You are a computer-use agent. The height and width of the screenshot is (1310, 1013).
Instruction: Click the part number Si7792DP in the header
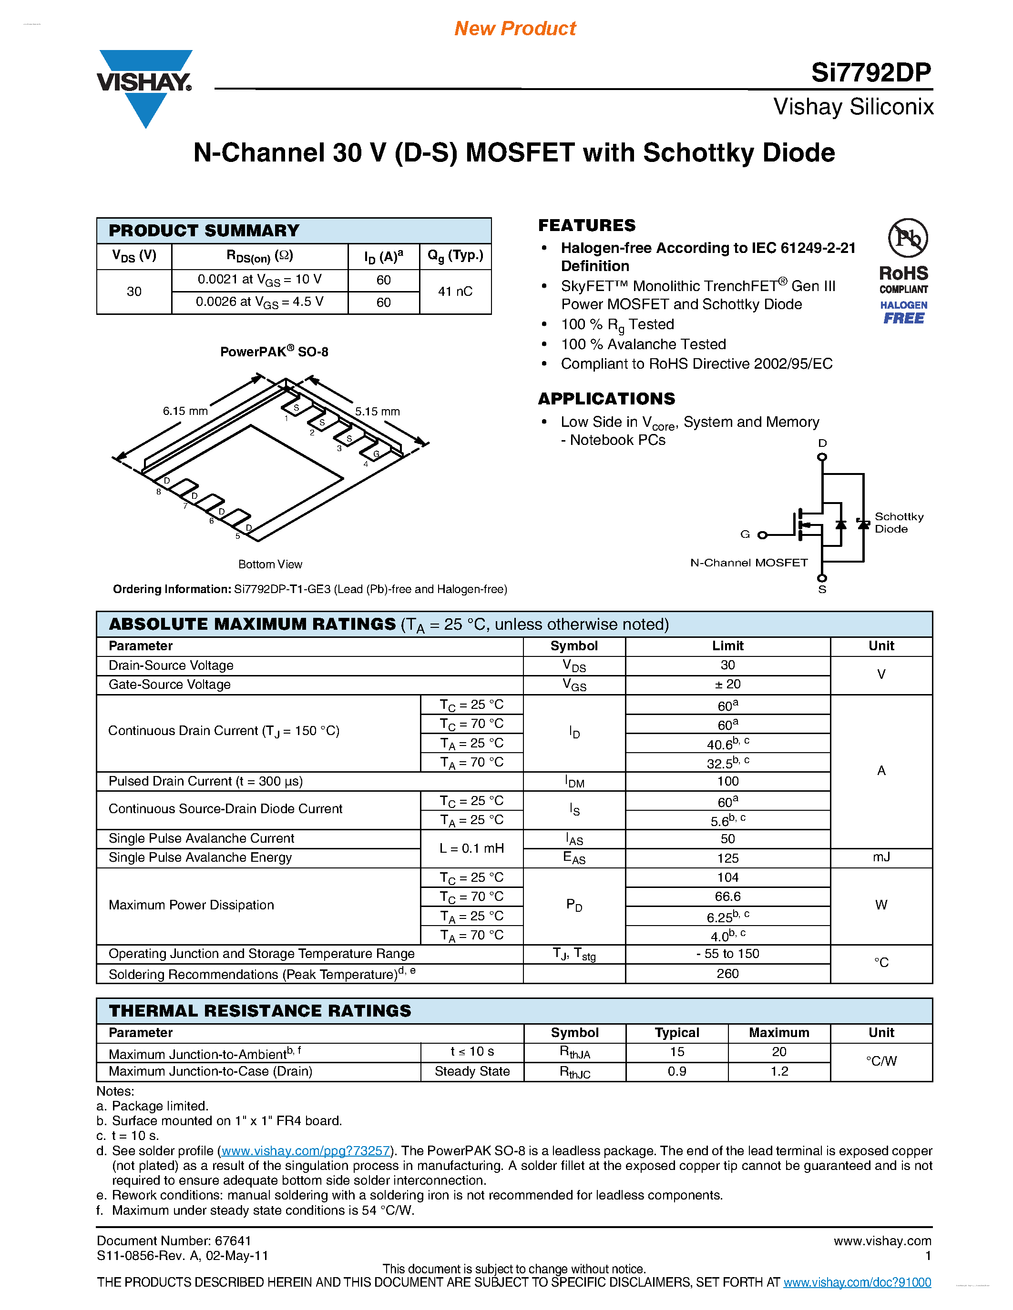click(x=871, y=72)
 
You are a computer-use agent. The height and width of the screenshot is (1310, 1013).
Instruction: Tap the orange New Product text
click(x=515, y=28)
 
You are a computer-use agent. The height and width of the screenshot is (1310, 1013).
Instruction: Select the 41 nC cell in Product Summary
click(x=455, y=292)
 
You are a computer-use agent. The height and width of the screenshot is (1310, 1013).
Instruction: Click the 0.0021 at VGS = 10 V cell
click(x=259, y=280)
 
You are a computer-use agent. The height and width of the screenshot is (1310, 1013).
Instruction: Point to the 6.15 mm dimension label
click(x=185, y=411)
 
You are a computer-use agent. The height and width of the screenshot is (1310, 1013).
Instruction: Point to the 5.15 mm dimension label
click(x=377, y=412)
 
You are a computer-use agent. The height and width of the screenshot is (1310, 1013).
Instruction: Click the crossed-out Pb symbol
click(x=907, y=238)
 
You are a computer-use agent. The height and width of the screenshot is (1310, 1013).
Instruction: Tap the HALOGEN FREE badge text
click(x=904, y=312)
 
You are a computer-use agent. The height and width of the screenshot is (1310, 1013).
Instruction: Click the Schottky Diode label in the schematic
click(x=899, y=523)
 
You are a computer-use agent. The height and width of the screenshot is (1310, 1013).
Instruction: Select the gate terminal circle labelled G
click(x=762, y=535)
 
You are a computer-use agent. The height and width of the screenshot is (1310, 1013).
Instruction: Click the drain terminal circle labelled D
click(x=822, y=457)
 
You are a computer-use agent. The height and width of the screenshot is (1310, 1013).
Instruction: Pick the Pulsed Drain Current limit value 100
click(x=727, y=781)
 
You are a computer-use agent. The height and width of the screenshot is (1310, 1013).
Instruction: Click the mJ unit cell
click(x=881, y=857)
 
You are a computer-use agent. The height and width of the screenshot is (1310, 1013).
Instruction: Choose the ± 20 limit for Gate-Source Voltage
click(x=727, y=685)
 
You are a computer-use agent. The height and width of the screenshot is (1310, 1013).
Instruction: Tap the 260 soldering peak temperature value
click(x=727, y=974)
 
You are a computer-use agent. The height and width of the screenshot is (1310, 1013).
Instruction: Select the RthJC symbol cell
click(x=574, y=1072)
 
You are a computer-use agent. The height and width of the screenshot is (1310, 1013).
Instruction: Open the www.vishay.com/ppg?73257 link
click(x=306, y=1150)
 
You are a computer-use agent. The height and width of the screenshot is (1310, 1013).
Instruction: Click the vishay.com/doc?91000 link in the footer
click(x=857, y=1282)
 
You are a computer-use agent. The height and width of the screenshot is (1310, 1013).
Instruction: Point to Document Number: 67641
click(x=174, y=1240)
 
